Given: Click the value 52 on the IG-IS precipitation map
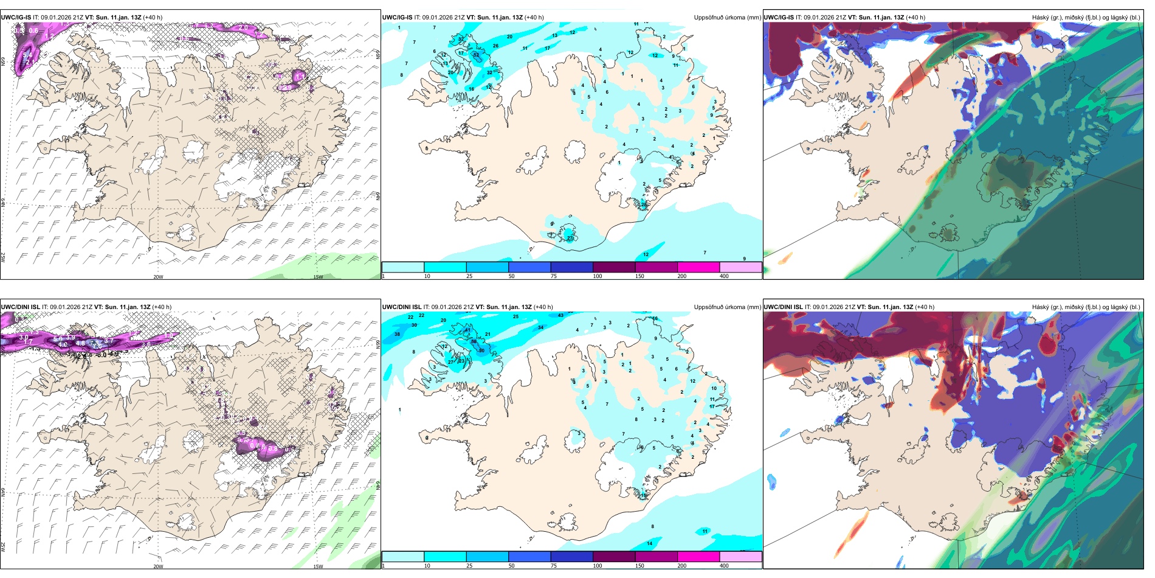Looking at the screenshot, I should [476, 55].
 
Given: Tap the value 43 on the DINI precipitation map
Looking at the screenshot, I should [560, 315].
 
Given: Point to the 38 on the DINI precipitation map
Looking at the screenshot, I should [397, 334].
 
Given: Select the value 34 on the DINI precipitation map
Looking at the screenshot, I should [540, 327].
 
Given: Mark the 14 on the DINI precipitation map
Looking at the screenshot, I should [650, 543].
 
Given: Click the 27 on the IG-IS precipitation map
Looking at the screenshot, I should [570, 238].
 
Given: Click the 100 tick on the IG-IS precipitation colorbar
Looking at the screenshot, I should [598, 276].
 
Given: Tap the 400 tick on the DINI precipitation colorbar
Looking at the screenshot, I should [724, 566].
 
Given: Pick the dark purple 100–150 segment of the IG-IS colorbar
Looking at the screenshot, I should [614, 267].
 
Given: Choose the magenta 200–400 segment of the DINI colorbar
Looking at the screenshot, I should [698, 557].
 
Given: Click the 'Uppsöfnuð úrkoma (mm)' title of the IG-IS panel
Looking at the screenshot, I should [727, 18].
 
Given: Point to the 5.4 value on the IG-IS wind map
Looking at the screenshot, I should [27, 55].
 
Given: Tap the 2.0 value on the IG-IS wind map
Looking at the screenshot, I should [243, 27].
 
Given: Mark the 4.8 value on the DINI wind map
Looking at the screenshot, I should [80, 343].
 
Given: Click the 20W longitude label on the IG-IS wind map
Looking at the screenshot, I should [158, 277].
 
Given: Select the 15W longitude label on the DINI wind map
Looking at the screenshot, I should [318, 566].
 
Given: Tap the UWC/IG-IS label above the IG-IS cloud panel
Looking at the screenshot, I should [779, 18].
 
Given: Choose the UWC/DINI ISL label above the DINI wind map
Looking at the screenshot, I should [20, 307].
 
